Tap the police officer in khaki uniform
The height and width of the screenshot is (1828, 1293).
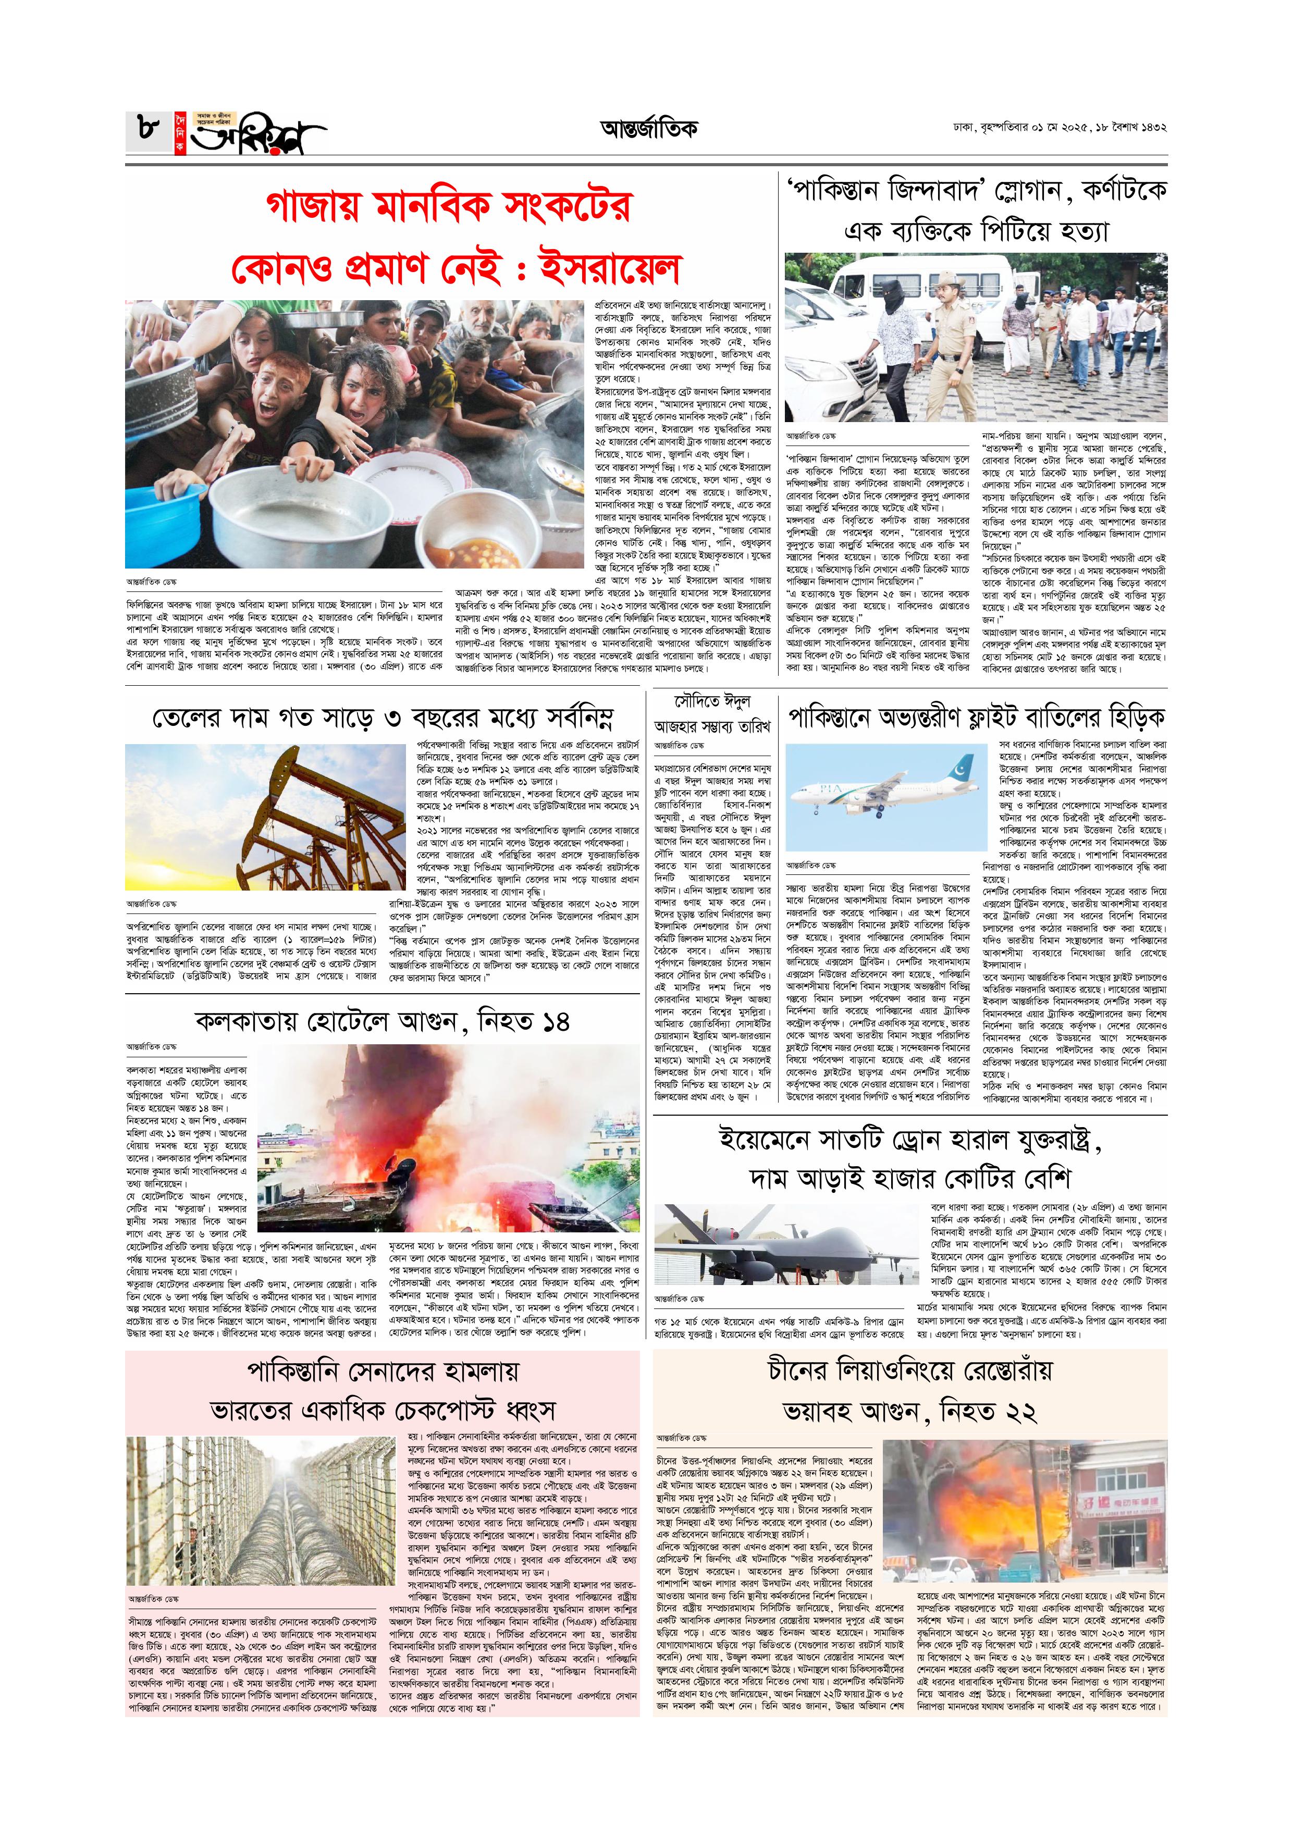click(949, 342)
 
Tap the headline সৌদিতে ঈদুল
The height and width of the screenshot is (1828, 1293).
click(712, 702)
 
